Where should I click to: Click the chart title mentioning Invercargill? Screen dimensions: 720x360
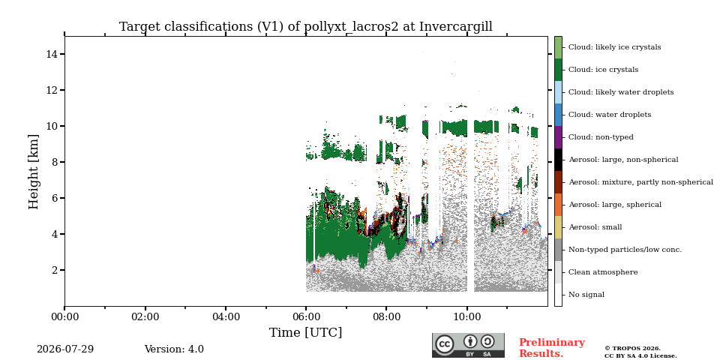click(306, 27)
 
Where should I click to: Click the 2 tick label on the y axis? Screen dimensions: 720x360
click(54, 270)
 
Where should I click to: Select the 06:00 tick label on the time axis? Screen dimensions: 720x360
click(306, 316)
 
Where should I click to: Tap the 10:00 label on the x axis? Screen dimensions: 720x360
click(467, 316)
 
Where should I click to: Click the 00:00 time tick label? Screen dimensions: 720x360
click(64, 316)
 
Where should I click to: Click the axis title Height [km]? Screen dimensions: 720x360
click(34, 171)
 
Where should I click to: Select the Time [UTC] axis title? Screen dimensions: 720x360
click(306, 332)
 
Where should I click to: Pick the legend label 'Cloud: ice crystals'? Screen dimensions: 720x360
click(603, 70)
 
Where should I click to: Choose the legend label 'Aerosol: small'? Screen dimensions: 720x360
click(595, 227)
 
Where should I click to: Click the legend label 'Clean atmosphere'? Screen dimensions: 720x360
click(603, 272)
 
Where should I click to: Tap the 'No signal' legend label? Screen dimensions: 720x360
click(586, 295)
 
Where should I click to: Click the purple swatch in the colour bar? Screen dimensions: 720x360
click(558, 137)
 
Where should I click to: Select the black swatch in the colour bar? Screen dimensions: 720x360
click(558, 160)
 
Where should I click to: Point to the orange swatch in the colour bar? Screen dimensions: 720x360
click(558, 205)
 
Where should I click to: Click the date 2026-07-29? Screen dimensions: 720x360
click(65, 349)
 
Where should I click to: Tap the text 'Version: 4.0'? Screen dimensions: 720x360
click(174, 349)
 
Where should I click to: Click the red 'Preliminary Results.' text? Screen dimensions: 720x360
click(552, 348)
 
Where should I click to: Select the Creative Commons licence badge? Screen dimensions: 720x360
click(468, 345)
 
